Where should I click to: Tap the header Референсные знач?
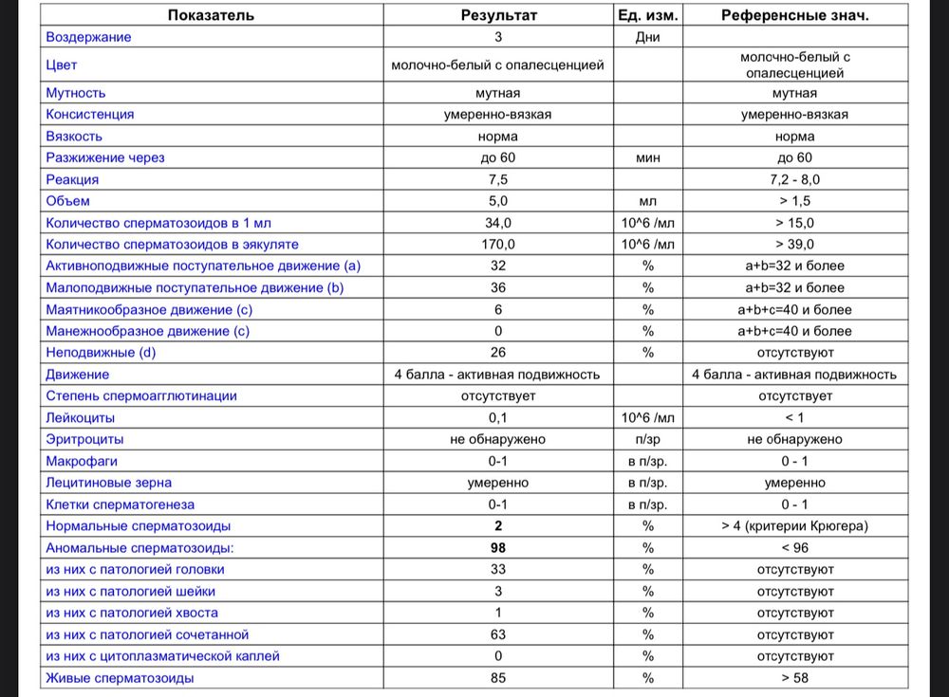pyautogui.click(x=794, y=15)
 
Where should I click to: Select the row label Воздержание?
pyautogui.click(x=89, y=37)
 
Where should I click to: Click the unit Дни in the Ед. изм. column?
pyautogui.click(x=648, y=37)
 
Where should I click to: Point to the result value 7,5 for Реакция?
pyautogui.click(x=497, y=179)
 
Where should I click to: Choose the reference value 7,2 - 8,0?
pyautogui.click(x=794, y=179)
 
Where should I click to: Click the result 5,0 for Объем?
pyautogui.click(x=497, y=201)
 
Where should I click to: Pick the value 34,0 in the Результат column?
pyautogui.click(x=497, y=223)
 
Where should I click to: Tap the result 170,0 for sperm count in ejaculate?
pyautogui.click(x=497, y=245)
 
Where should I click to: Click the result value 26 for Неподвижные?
pyautogui.click(x=497, y=353)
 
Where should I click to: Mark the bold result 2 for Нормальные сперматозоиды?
pyautogui.click(x=497, y=526)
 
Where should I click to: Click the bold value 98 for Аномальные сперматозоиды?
pyautogui.click(x=497, y=548)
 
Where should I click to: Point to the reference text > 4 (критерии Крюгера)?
pyautogui.click(x=794, y=526)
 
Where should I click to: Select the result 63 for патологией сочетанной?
pyautogui.click(x=497, y=634)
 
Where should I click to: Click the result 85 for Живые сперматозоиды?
pyautogui.click(x=497, y=678)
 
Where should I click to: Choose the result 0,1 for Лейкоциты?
pyautogui.click(x=497, y=417)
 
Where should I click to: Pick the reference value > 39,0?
pyautogui.click(x=794, y=245)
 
